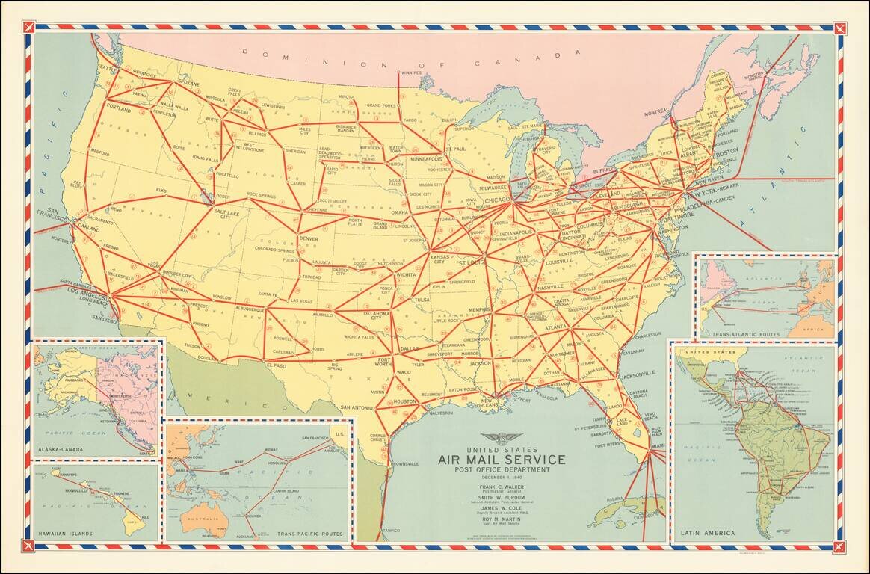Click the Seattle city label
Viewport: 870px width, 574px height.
click(108, 68)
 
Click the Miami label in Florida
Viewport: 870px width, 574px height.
click(657, 446)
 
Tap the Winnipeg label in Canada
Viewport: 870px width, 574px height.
click(410, 73)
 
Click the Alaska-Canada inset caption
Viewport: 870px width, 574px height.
click(62, 450)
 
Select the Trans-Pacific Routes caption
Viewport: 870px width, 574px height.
click(310, 534)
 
